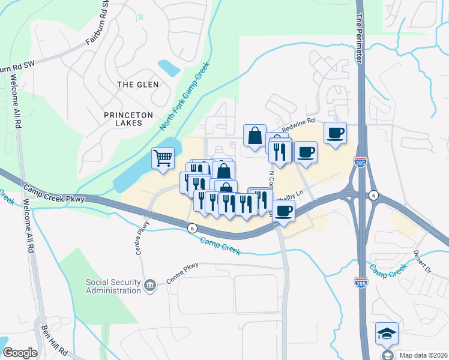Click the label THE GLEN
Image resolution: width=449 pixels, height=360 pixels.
(138, 85)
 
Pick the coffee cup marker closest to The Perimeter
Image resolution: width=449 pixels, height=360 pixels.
(336, 133)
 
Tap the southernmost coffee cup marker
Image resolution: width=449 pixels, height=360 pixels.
(284, 211)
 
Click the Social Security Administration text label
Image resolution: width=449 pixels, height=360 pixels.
(113, 287)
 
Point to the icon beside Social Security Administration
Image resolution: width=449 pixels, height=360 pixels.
(150, 287)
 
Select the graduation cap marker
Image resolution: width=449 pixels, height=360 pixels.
(387, 333)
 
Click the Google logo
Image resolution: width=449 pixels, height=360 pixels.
(20, 353)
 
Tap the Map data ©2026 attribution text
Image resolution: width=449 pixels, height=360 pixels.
(423, 355)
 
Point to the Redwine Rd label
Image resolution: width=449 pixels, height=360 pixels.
(298, 125)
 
